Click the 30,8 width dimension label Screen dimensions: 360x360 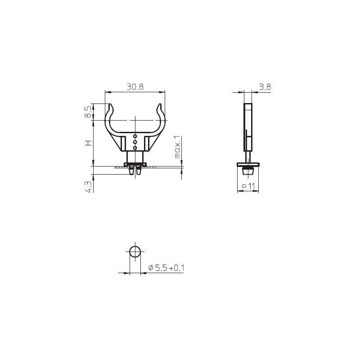point(135,87)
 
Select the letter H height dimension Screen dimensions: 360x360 point(88,143)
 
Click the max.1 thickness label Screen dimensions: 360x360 point(177,147)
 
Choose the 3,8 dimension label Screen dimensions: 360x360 point(265,87)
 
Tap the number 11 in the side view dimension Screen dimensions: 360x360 point(252,186)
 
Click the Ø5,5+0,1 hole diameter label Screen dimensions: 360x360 point(166,268)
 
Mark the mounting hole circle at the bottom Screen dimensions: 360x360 point(135,252)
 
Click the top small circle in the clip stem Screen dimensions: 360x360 point(135,136)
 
